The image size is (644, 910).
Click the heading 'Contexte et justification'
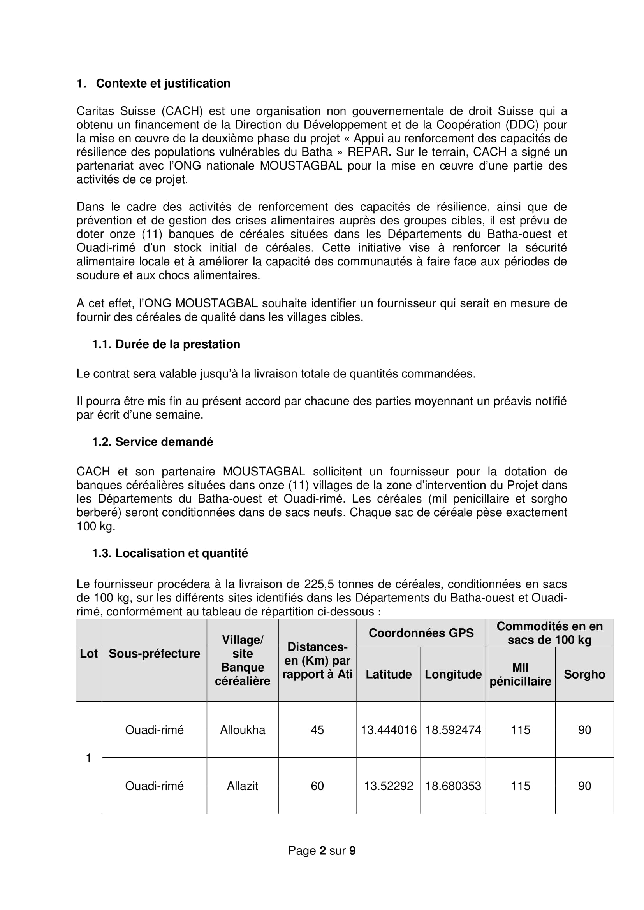click(x=163, y=83)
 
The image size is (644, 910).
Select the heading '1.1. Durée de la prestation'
click(x=166, y=344)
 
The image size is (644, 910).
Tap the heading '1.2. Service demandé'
click(x=152, y=442)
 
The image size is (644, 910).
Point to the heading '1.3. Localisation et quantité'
click(x=170, y=553)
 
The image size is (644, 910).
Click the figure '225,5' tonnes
click(x=319, y=584)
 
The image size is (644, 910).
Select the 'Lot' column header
click(x=88, y=653)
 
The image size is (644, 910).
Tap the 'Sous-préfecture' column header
click(x=154, y=653)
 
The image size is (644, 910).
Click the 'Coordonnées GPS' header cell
click(x=421, y=633)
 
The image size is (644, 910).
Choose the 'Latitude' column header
click(x=388, y=674)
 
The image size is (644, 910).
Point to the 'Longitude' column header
click(x=453, y=674)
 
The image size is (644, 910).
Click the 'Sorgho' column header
click(x=584, y=674)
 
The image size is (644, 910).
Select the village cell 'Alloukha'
click(x=242, y=729)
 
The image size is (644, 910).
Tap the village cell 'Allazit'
click(x=242, y=786)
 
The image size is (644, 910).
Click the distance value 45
click(x=317, y=729)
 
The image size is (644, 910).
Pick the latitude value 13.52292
click(x=388, y=786)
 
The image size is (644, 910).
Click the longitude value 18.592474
click(x=453, y=729)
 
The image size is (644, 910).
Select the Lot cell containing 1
click(x=88, y=758)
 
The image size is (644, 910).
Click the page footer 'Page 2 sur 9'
click(x=322, y=850)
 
